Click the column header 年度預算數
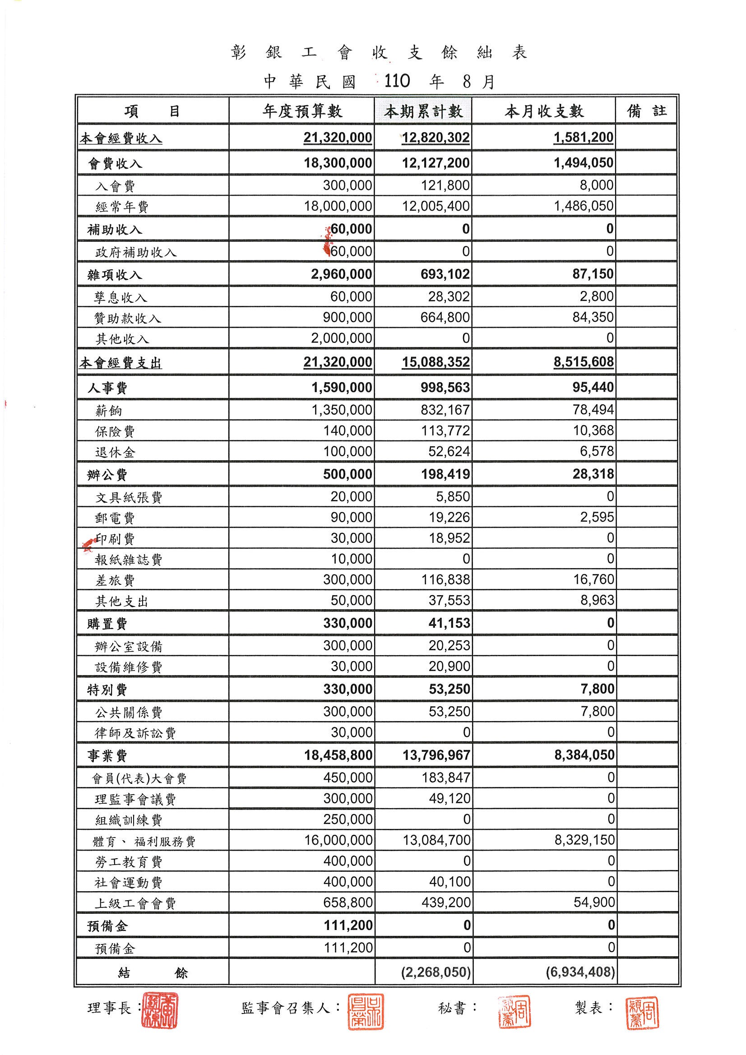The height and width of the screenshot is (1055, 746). coord(302,111)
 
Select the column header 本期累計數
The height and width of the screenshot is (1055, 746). coord(423,111)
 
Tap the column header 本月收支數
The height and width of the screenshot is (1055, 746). coord(544,111)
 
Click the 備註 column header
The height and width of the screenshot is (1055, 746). coord(646,111)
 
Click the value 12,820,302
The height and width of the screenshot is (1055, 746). coord(436,137)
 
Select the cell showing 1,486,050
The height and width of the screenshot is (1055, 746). coord(583,206)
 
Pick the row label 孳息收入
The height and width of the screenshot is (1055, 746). coord(120,298)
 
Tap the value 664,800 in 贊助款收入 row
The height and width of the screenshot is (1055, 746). coord(445,318)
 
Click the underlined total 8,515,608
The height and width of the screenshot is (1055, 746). coord(583,362)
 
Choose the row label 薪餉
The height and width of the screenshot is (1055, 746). coord(108,411)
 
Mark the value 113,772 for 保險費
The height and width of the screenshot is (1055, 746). coord(445,431)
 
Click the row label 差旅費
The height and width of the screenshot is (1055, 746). coord(115,581)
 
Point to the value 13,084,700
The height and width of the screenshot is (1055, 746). coord(436,840)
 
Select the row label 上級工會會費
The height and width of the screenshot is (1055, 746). coord(135,903)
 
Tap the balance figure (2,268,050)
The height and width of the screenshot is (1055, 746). coord(436,972)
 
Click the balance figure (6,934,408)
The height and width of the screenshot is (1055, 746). coord(580,972)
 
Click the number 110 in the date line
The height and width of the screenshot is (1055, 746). coord(396,81)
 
